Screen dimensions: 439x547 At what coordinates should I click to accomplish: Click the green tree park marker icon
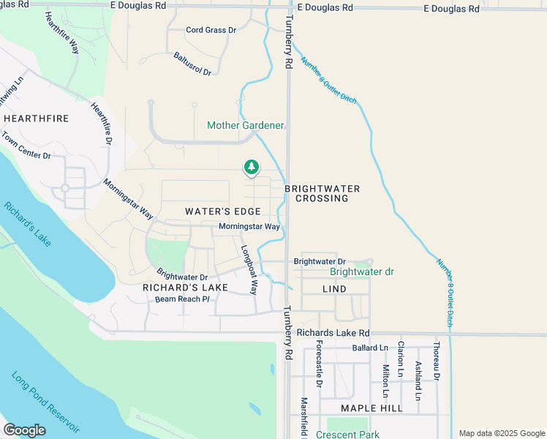click(251, 168)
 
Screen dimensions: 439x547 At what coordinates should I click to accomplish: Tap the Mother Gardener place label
click(245, 125)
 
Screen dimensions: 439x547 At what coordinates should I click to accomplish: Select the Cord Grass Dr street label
click(211, 30)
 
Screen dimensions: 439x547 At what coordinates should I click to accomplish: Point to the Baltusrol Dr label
click(192, 64)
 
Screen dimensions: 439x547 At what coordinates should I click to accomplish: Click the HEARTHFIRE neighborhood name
click(36, 118)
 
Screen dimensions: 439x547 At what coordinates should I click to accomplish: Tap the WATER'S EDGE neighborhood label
click(222, 211)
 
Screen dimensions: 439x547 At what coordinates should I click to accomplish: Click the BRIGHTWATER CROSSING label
click(327, 193)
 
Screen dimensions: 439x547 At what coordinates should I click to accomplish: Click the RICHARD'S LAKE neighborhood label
click(185, 288)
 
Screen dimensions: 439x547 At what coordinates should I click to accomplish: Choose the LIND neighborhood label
click(334, 289)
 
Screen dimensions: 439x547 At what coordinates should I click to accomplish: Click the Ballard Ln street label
click(368, 348)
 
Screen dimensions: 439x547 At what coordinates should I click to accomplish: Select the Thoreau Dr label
click(436, 361)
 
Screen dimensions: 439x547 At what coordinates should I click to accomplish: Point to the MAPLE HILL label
click(371, 407)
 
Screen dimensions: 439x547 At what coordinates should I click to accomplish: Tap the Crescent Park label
click(347, 434)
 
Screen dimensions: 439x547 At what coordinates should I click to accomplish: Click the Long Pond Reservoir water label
click(45, 402)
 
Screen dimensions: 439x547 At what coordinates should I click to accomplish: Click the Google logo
click(25, 430)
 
